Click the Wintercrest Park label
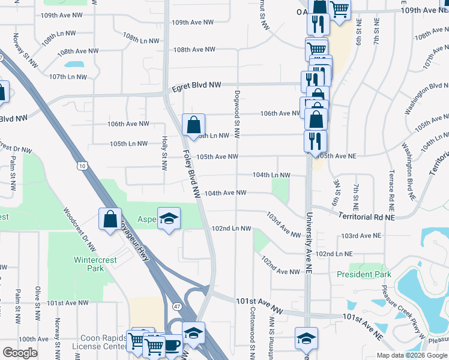click(x=89, y=264)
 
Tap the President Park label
click(x=364, y=274)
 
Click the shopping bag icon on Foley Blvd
click(x=194, y=125)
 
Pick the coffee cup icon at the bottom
click(x=173, y=346)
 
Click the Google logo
click(x=20, y=353)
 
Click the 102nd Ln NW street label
click(x=231, y=229)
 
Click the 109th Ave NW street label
click(x=193, y=22)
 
